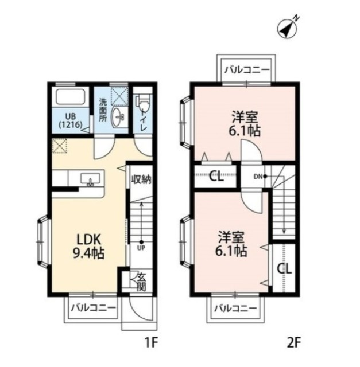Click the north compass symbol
coord(288,29)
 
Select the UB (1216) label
coord(70,120)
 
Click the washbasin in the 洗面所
coord(119,116)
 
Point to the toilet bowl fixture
coord(142,103)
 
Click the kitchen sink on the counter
coord(91,179)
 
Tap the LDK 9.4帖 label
coord(89,247)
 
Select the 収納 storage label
coord(141,179)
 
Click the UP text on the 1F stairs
coord(141,248)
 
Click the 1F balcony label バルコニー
coord(93,307)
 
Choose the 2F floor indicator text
coord(293,343)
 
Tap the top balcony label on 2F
coord(247,70)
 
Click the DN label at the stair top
coord(258,177)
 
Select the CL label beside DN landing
coord(216,176)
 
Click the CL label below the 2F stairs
coord(284,268)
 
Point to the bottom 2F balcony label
coord(236,308)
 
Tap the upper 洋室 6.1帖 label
coord(245,124)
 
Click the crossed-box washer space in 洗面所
coord(119,96)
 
